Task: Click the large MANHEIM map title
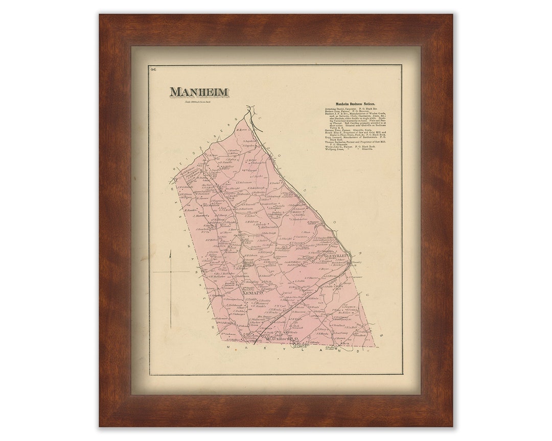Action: coord(199,92)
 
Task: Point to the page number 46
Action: coord(153,69)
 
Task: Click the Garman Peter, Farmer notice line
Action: coord(345,130)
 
